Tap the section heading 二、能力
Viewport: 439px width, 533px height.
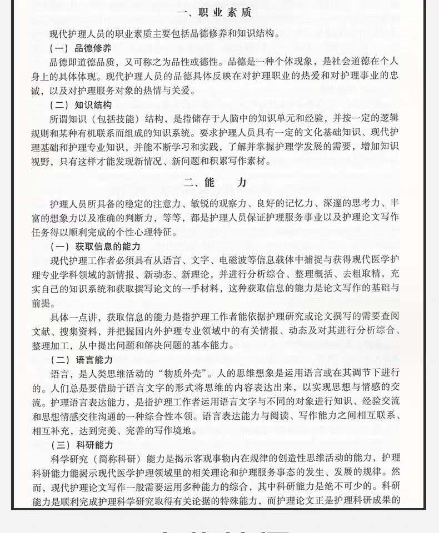(214, 182)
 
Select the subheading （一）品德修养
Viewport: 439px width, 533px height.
(81, 48)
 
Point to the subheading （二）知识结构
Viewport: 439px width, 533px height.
(81, 104)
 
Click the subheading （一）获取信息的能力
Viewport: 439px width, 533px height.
(95, 246)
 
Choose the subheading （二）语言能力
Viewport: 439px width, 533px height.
(81, 359)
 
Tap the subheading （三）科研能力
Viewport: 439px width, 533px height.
(81, 445)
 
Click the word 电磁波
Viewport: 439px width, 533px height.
(233, 260)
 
